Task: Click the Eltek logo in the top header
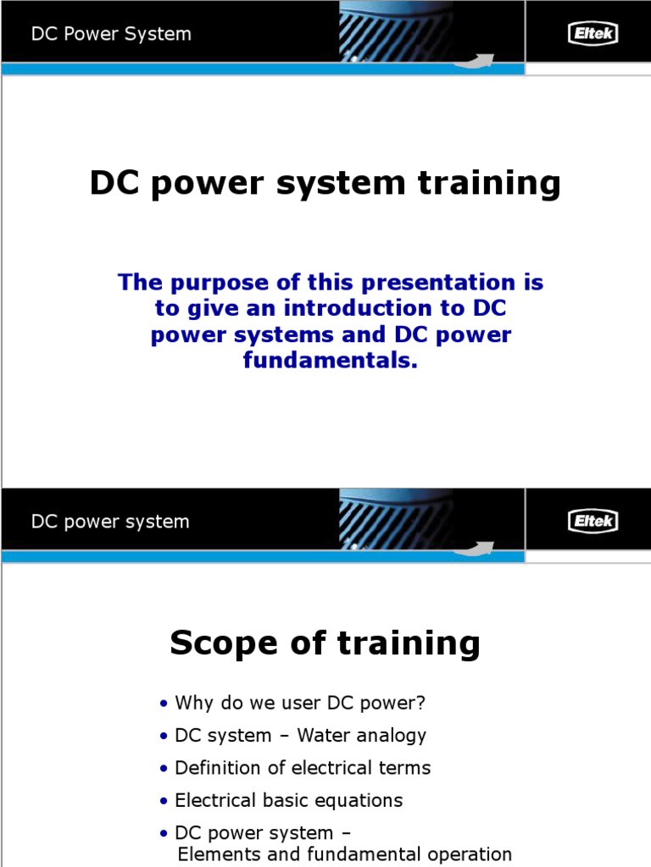592,34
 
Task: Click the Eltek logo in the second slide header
592,522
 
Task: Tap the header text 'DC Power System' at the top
111,35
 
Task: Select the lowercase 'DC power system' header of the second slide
110,522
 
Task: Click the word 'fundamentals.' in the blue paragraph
331,362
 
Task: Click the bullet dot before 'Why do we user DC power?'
164,704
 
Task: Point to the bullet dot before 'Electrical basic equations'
164,801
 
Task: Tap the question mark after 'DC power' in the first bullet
420,703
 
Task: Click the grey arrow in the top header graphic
475,60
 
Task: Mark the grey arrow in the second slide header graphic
475,547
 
